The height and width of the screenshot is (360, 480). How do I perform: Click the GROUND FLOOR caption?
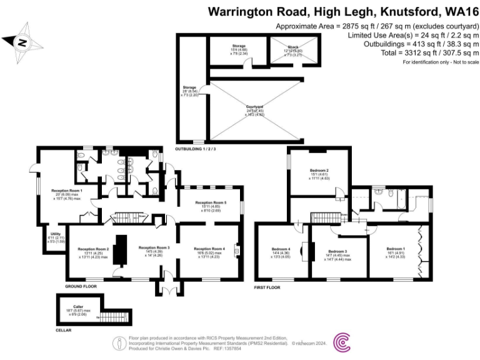pyautogui.click(x=80, y=286)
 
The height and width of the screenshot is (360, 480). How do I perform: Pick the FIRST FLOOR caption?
pyautogui.click(x=267, y=287)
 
